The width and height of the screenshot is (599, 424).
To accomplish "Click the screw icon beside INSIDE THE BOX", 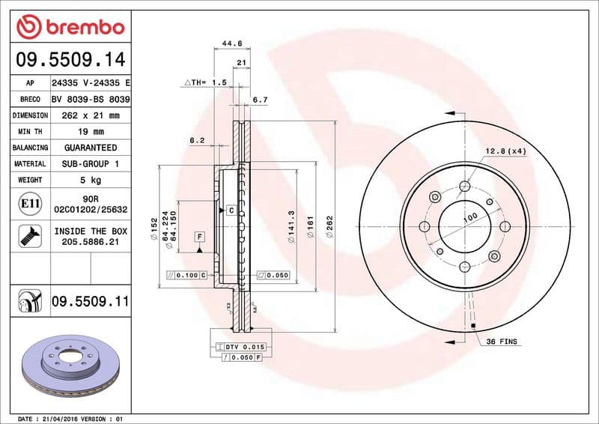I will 26,237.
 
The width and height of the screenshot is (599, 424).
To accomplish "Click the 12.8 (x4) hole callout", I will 505,151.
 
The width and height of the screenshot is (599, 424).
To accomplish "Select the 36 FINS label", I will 501,342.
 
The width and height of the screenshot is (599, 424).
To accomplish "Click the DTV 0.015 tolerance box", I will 240,347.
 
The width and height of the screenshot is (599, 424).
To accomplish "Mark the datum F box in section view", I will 200,237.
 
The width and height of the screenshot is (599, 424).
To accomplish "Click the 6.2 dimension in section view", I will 197,140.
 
